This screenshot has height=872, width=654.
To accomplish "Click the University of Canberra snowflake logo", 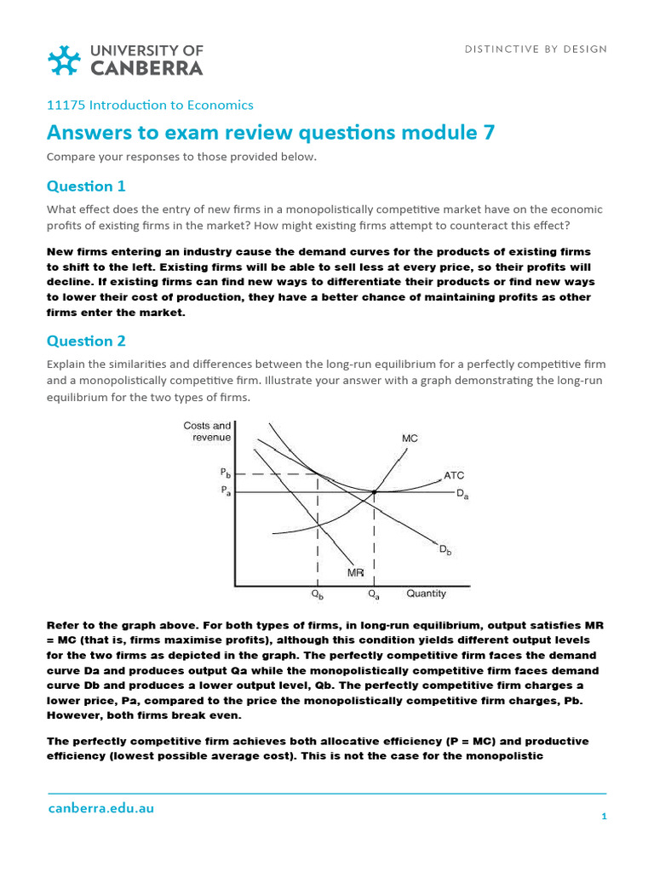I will click(65, 60).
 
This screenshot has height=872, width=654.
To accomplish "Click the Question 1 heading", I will click(86, 186).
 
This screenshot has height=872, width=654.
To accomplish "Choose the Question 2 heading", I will click(86, 341).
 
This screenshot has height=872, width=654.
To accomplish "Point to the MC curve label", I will click(410, 439).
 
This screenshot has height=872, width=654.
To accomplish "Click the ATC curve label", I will click(454, 475).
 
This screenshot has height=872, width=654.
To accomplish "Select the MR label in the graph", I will click(355, 573).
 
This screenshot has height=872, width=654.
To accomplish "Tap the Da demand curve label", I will click(462, 493).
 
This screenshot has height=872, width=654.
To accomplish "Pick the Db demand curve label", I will click(445, 551).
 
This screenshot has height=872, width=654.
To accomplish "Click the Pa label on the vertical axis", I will click(225, 491).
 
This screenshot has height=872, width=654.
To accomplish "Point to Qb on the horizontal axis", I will click(317, 594).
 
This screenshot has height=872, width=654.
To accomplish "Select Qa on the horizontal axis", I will click(374, 594).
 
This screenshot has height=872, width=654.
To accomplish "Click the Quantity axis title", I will click(426, 593).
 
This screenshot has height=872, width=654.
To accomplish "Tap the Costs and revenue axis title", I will click(207, 432).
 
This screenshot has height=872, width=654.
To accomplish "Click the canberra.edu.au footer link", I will click(100, 808).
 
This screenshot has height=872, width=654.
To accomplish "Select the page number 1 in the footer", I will click(603, 817).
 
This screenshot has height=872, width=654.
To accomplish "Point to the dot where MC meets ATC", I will click(374, 491).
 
